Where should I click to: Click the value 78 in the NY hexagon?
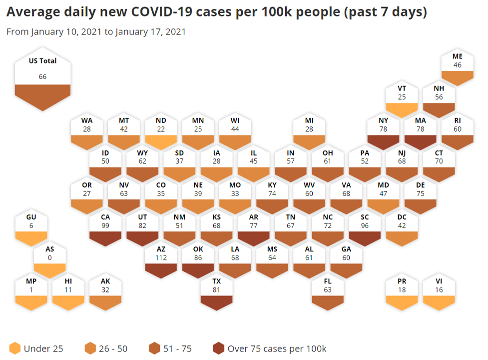click(383, 129)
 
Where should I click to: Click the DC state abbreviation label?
click(402, 217)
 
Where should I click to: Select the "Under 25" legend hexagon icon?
click(15, 348)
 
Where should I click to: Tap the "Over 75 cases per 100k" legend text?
click(277, 348)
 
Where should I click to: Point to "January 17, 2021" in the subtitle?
click(150, 32)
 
